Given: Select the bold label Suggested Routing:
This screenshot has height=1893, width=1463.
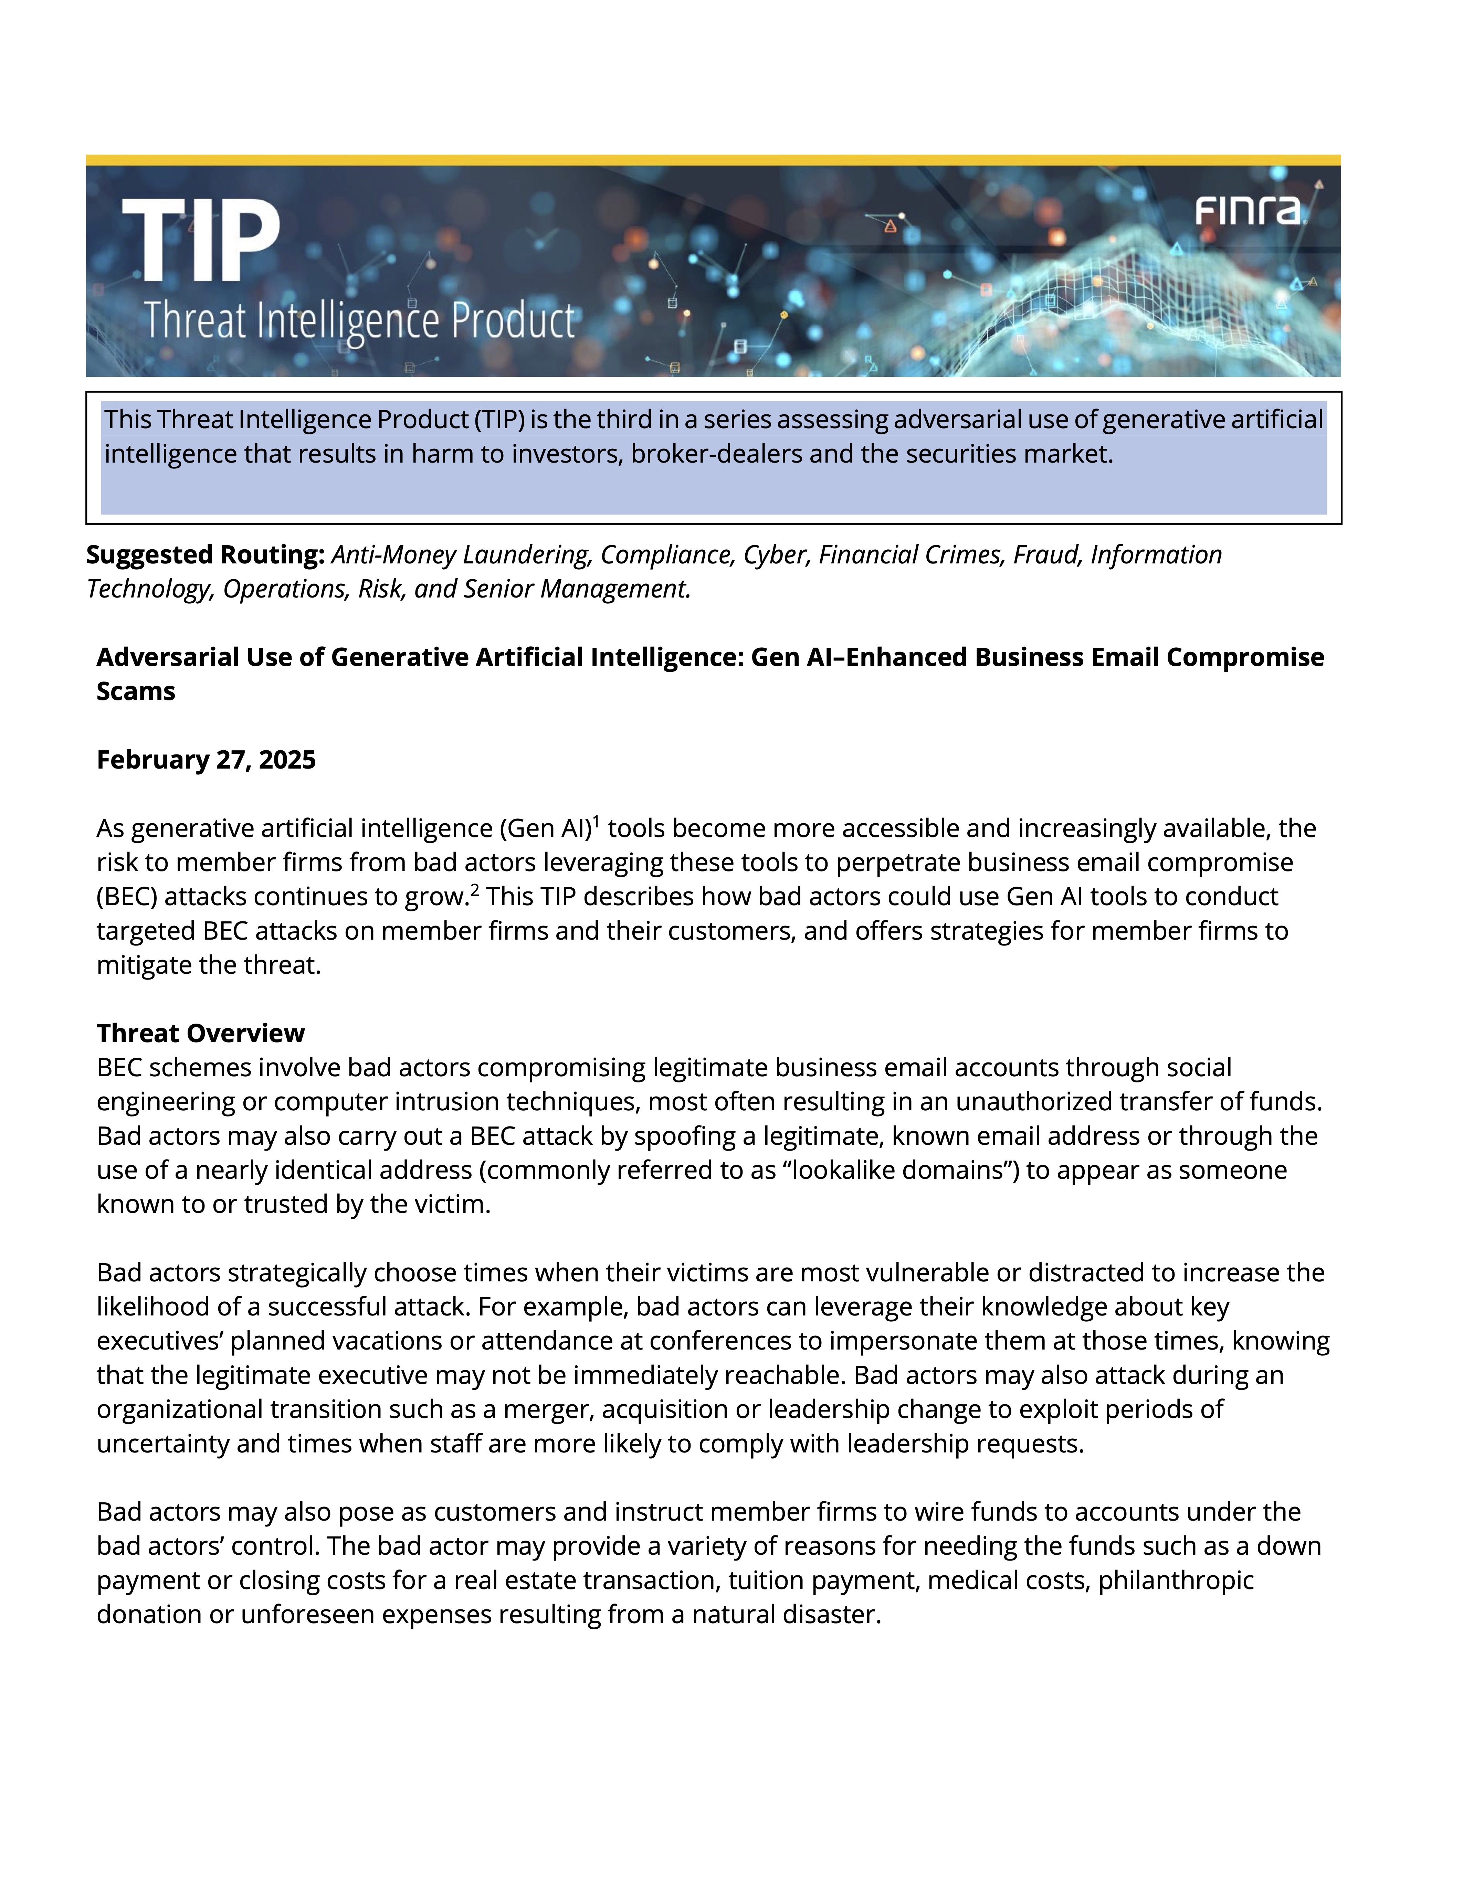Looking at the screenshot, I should pos(204,555).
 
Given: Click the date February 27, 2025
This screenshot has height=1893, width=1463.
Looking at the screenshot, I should pos(206,760).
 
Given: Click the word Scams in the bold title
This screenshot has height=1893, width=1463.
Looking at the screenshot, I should pos(136,692).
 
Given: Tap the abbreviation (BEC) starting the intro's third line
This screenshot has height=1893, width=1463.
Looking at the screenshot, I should pos(127,897).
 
